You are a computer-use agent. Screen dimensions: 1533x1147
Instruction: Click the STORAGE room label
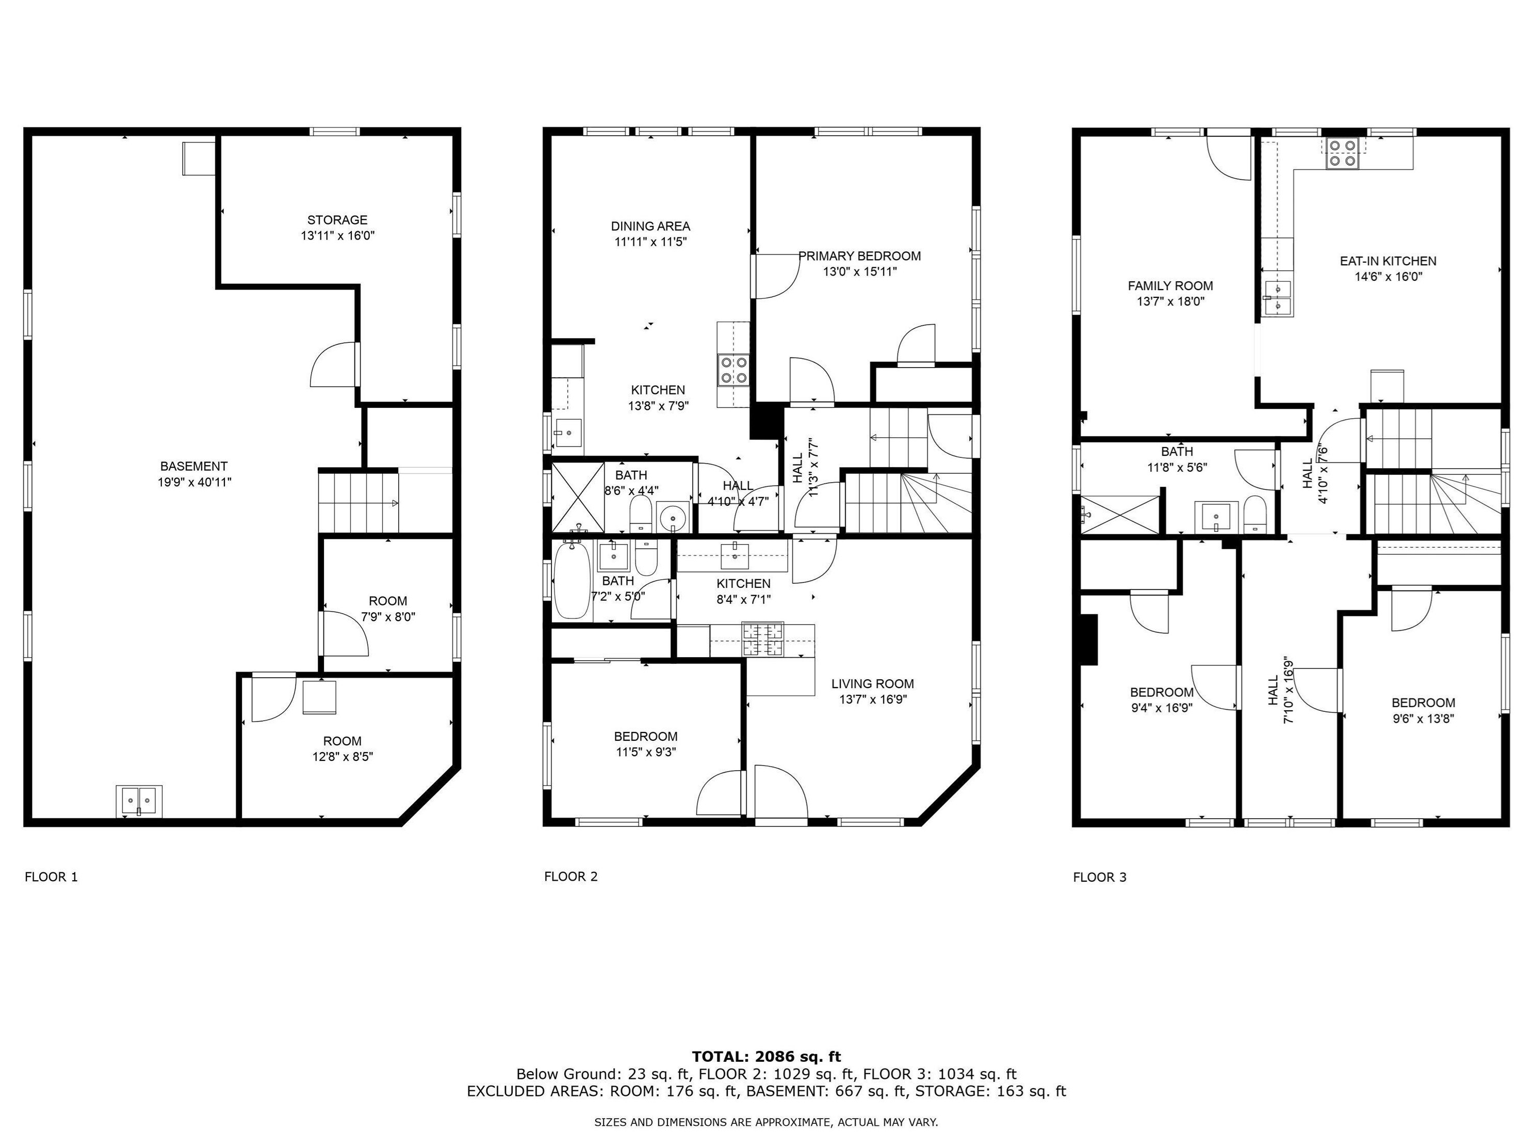pos(337,220)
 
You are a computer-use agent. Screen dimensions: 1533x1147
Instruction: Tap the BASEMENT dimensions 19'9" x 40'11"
pos(194,482)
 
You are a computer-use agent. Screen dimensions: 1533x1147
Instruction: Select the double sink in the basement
pos(139,801)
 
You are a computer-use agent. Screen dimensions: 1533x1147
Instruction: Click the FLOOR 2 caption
pos(570,877)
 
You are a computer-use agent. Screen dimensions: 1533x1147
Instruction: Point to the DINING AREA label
pos(650,226)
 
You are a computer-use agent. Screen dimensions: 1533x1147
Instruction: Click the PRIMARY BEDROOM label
pos(859,256)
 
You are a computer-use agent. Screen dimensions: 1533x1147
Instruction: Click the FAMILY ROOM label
pos(1170,285)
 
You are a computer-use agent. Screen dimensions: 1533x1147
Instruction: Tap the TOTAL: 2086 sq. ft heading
pos(766,1057)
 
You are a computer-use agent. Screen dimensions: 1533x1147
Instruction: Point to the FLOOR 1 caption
pos(51,877)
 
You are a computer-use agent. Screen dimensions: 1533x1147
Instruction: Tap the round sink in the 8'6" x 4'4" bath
pos(672,517)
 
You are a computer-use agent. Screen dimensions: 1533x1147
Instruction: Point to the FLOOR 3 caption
pos(1100,877)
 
